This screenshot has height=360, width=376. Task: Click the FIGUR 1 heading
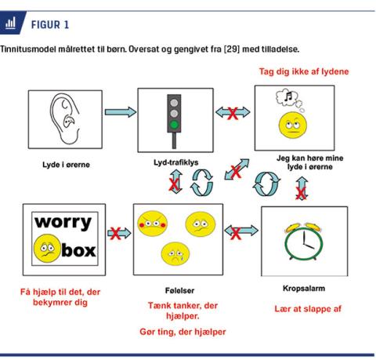point(50,25)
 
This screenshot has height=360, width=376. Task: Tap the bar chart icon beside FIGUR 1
point(10,23)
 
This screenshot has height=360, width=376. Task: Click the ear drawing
point(64,119)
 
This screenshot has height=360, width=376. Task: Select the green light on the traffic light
point(174,125)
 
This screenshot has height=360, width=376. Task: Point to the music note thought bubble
point(289,99)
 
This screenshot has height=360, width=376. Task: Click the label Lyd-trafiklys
point(176,162)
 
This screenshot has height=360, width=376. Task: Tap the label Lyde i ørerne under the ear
point(66,165)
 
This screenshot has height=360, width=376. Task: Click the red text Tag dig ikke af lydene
point(304,71)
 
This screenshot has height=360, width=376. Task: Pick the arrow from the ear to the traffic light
point(121,112)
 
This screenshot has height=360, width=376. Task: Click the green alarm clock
point(304,242)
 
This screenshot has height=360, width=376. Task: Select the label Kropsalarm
point(304,289)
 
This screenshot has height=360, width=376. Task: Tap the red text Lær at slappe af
point(308,309)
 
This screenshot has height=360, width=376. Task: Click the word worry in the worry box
point(63,223)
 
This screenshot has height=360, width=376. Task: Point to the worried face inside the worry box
point(47,249)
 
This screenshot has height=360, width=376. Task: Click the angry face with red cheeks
point(153,224)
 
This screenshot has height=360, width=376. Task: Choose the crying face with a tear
point(175,254)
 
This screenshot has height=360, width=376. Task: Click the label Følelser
point(179,290)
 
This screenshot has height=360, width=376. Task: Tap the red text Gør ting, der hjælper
point(183,332)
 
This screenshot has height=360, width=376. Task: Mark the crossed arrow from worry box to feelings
point(119,233)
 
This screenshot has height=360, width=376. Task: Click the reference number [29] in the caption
point(232,49)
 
